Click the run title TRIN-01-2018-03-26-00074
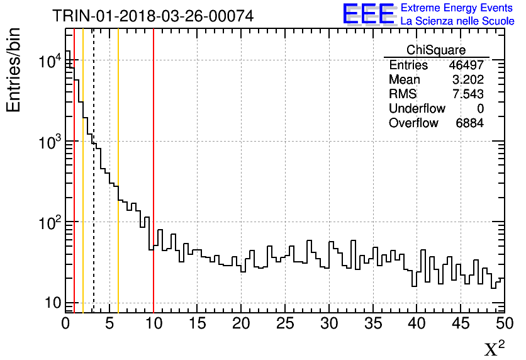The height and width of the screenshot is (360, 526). [153, 16]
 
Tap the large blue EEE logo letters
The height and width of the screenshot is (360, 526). [369, 14]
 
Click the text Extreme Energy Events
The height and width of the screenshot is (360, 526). [457, 8]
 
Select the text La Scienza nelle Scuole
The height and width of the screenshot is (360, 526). [457, 21]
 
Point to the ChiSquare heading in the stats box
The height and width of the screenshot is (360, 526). [436, 50]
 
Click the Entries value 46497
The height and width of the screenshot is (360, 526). [466, 65]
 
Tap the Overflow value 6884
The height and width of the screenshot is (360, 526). [469, 123]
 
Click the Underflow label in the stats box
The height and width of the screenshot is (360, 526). [417, 109]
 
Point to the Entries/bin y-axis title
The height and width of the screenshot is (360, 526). [14, 70]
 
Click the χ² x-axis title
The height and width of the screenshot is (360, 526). [494, 348]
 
